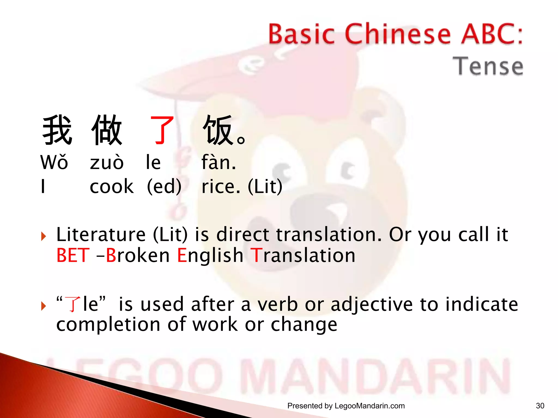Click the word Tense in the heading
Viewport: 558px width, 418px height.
coord(488,66)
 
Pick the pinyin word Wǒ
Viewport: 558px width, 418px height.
coord(54,162)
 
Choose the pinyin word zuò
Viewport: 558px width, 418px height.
coord(107,162)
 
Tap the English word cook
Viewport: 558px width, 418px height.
coord(112,187)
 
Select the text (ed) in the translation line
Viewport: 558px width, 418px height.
coord(164,187)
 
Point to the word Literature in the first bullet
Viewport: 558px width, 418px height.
coord(101,234)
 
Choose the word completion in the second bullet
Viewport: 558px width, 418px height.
coord(108,324)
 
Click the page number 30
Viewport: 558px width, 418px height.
coord(540,406)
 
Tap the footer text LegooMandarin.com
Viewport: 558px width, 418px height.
coord(369,406)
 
